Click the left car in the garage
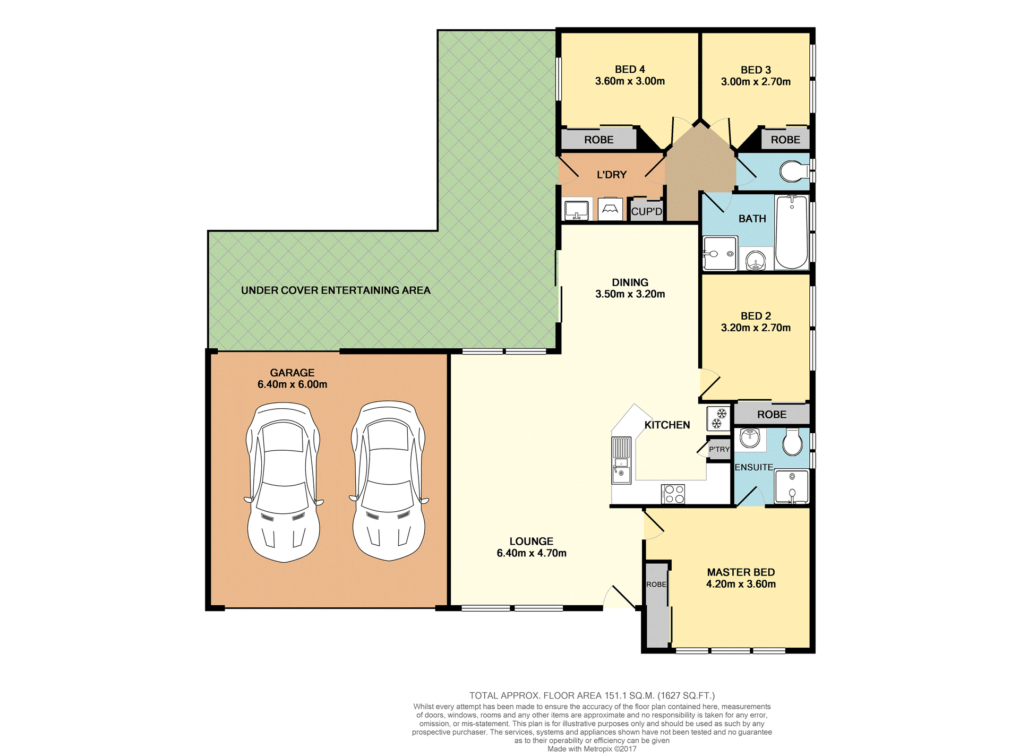[284, 482]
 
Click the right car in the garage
[389, 480]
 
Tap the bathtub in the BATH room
[792, 232]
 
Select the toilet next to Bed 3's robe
[794, 171]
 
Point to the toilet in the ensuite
[793, 442]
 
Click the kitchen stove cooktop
[673, 494]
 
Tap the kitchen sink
[621, 460]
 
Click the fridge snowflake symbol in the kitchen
[718, 418]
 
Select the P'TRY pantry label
[719, 449]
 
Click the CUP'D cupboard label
[647, 211]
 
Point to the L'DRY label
[612, 175]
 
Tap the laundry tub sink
[576, 210]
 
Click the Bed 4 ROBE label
[599, 140]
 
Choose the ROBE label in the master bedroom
[656, 585]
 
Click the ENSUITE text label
[754, 467]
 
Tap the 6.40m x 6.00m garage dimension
[293, 384]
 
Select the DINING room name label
[630, 282]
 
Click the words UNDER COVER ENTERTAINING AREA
[336, 290]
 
